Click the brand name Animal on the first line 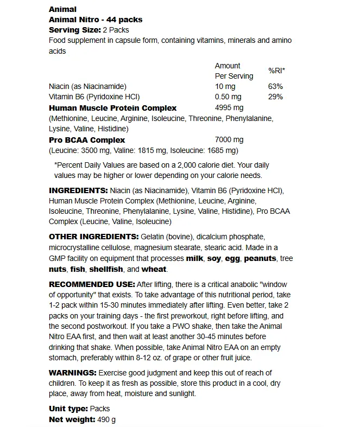(x=62, y=9)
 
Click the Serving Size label (x=74, y=30)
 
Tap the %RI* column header (x=276, y=71)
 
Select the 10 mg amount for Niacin (x=225, y=87)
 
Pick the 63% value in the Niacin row (x=276, y=87)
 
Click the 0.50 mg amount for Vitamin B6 (x=228, y=97)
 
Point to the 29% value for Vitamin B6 (x=276, y=97)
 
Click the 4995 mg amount (x=229, y=108)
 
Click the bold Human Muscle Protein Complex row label (x=112, y=108)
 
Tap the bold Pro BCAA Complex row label (x=87, y=139)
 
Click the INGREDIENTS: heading (x=78, y=190)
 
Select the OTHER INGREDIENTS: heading (x=93, y=237)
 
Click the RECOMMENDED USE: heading (x=92, y=284)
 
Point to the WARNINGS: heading (x=72, y=373)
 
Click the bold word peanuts (x=260, y=258)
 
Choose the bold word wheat (x=155, y=269)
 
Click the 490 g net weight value (x=106, y=419)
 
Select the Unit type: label (x=67, y=409)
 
